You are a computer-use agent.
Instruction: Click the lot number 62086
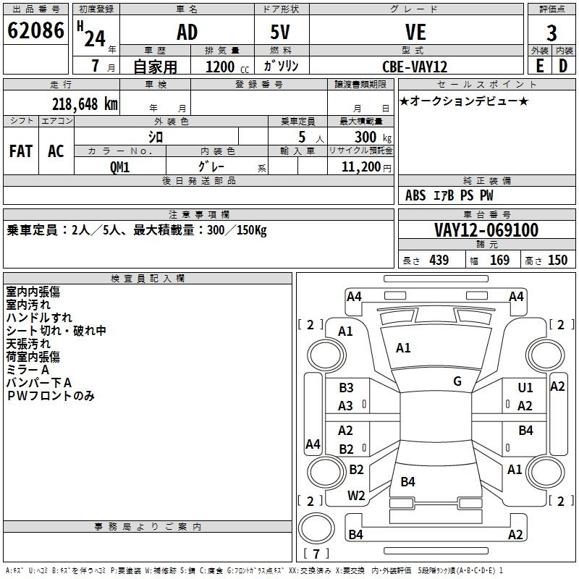pos(35,30)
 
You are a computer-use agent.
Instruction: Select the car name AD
pos(187,32)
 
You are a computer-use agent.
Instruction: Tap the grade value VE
pos(415,32)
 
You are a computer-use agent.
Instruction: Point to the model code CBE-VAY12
pos(415,67)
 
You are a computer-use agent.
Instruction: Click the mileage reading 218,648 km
pos(85,104)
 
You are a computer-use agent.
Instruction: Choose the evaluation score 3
pos(551,33)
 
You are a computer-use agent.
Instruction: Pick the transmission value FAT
pos(21,151)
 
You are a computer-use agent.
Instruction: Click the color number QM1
pos(119,167)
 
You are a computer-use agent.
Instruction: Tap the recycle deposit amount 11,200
pos(361,167)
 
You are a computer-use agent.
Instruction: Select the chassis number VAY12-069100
pos(486,230)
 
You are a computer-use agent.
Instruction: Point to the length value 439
pos(439,260)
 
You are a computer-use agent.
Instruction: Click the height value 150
pos(557,260)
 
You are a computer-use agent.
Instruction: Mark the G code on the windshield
pos(457,381)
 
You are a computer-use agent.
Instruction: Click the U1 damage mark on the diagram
pos(525,387)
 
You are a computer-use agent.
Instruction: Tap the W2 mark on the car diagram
pos(356,496)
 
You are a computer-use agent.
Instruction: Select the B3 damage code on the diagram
pos(346,387)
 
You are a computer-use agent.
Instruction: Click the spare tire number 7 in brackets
pos(316,554)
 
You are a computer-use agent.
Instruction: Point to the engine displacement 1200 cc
pos(227,67)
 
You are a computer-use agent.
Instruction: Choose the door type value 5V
pos(280,32)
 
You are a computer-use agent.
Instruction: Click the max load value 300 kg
pos(373,137)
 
